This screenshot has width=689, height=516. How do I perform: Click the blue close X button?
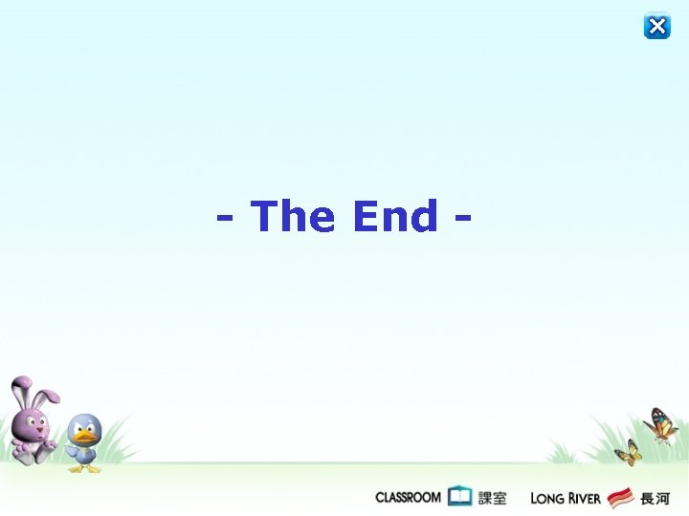point(657,26)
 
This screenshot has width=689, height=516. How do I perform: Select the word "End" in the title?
point(394,216)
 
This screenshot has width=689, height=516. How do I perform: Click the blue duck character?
point(83,442)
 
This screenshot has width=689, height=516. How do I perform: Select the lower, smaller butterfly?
point(628,452)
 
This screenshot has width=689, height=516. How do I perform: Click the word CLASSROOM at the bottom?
point(408,497)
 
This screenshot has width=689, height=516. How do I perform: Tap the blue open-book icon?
point(460,496)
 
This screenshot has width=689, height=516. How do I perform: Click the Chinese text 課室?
point(493,497)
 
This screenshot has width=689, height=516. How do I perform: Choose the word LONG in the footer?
point(547,498)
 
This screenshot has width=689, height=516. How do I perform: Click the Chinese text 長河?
point(655,497)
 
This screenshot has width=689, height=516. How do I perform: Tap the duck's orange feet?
point(84,467)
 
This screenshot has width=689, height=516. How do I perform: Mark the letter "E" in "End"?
point(365,216)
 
